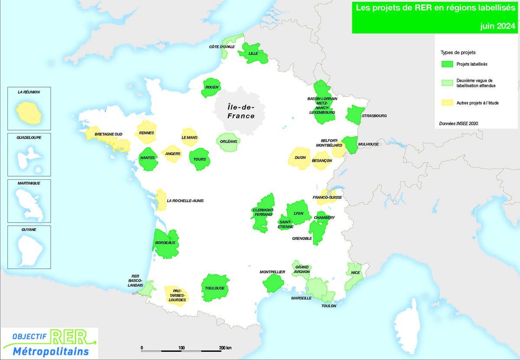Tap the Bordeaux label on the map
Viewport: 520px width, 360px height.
coord(165,243)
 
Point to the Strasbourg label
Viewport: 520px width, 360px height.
coord(375,116)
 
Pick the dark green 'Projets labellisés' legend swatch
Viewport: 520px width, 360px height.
coord(447,64)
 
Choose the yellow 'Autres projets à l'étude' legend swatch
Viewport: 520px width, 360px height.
coord(447,103)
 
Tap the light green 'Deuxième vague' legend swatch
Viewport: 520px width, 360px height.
coord(447,83)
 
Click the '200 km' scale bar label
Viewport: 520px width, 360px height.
coord(225,348)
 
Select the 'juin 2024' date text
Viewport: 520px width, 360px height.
coord(498,26)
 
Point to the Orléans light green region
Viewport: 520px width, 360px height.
coord(227,142)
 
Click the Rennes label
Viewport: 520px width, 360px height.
coord(147,133)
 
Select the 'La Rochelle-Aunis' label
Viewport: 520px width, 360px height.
coord(185,201)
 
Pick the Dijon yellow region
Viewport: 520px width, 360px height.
coord(299,157)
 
